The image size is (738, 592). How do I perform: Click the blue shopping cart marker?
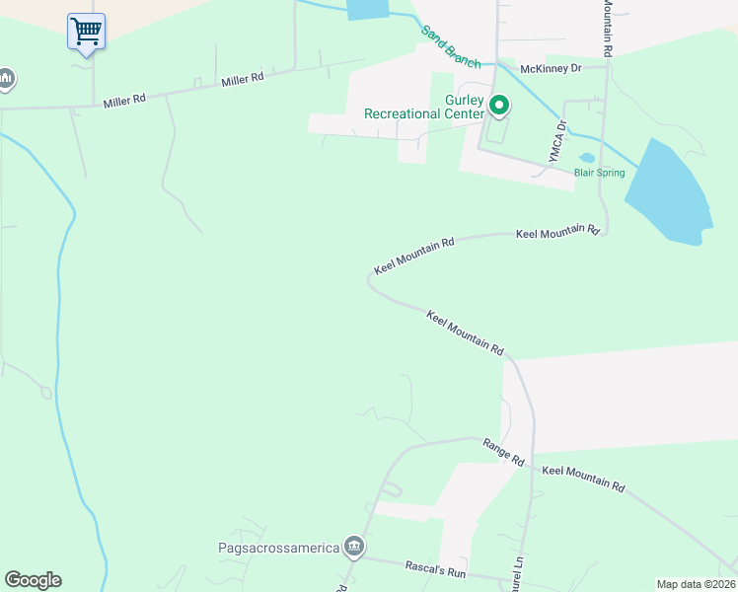click(x=86, y=32)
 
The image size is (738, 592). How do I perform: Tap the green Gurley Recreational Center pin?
click(x=499, y=105)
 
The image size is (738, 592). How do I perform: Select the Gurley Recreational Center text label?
click(x=424, y=107)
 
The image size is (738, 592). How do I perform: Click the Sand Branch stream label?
click(x=451, y=46)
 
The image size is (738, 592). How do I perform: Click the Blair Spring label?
click(x=600, y=173)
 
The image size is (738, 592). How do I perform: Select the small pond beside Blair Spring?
click(x=587, y=157)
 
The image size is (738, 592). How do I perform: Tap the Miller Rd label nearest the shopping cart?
click(x=124, y=100)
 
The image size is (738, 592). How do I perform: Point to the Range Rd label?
click(x=503, y=453)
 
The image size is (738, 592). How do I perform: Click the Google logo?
click(x=33, y=580)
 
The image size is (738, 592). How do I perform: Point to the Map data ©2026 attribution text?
click(x=696, y=584)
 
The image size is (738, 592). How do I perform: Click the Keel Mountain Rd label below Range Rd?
click(x=583, y=481)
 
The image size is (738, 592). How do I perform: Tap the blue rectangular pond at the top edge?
click(x=367, y=9)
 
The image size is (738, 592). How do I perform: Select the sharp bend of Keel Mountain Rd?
click(x=370, y=281)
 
